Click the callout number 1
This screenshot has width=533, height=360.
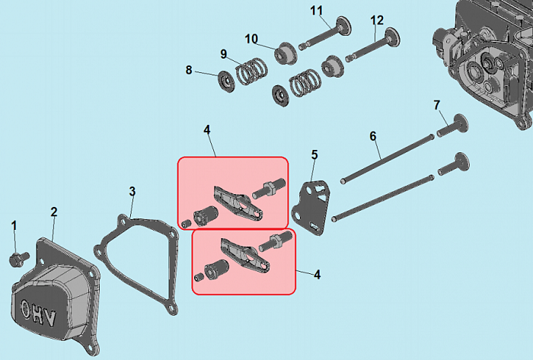[x=14, y=226]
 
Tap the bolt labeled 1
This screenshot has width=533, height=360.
[x=18, y=259]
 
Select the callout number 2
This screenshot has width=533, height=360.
[x=54, y=212]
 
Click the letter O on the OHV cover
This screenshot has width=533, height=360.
[x=25, y=309]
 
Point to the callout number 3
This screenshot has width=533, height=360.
[x=132, y=192]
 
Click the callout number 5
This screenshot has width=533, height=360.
[x=314, y=155]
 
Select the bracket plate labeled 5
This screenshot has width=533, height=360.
[x=310, y=208]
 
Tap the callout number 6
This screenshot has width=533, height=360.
[x=373, y=136]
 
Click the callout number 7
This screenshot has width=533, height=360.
[x=437, y=105]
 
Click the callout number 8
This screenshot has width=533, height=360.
[x=189, y=70]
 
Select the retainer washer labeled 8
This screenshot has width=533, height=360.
[x=226, y=81]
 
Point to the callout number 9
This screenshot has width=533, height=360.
[x=223, y=54]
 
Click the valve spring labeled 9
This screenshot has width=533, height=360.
[x=251, y=71]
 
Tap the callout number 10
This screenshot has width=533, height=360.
[x=251, y=39]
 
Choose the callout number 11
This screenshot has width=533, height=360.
[x=316, y=11]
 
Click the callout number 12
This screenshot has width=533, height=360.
[x=377, y=21]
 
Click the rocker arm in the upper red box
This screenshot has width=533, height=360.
[x=238, y=202]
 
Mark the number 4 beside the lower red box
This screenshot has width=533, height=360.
[x=317, y=275]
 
